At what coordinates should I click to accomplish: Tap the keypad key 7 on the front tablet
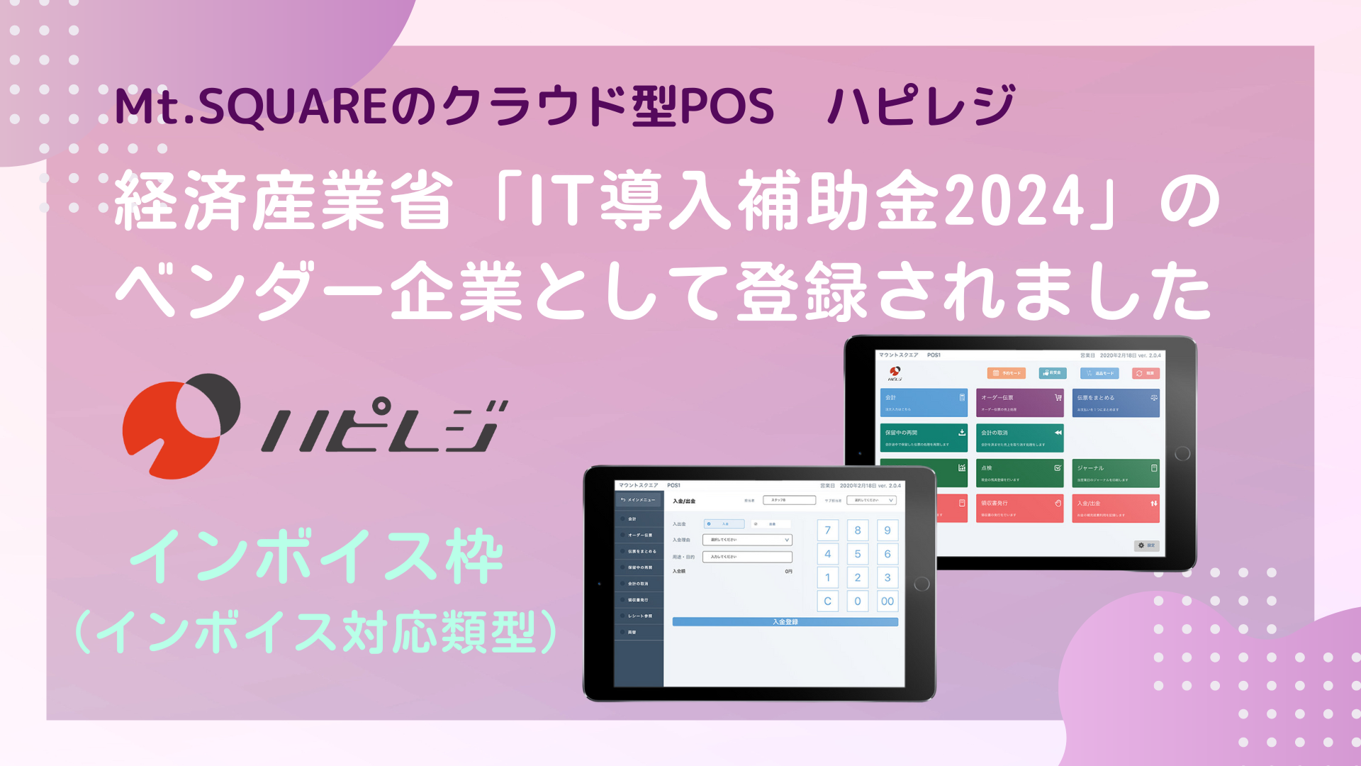[827, 531]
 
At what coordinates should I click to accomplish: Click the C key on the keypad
[827, 601]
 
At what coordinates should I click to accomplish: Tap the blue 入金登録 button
[785, 622]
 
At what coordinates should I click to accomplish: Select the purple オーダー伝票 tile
[1019, 402]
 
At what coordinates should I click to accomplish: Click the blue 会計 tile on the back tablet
[924, 402]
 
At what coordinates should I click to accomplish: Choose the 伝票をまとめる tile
[1116, 402]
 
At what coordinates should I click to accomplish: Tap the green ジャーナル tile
[1116, 473]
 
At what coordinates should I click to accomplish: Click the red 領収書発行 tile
[1019, 508]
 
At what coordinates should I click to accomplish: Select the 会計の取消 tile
[1019, 438]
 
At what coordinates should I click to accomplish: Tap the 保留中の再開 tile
[924, 438]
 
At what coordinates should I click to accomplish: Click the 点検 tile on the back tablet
[1019, 473]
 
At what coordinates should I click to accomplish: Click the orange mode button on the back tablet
[1006, 373]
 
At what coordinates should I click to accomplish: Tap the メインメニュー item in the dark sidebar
[638, 500]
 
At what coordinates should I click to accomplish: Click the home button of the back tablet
[1182, 454]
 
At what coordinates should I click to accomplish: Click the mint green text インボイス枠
[317, 557]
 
